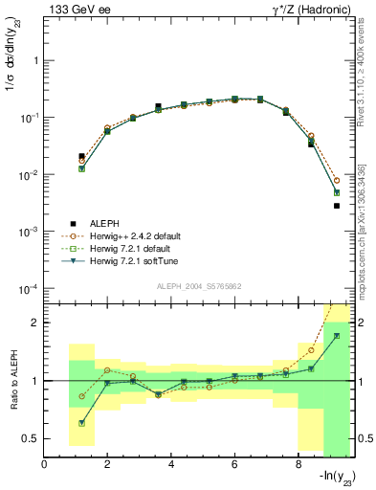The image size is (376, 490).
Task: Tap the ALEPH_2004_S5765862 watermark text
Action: point(199,286)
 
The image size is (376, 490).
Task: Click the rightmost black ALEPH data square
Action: point(337,206)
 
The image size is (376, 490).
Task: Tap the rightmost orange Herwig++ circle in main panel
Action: point(337,180)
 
